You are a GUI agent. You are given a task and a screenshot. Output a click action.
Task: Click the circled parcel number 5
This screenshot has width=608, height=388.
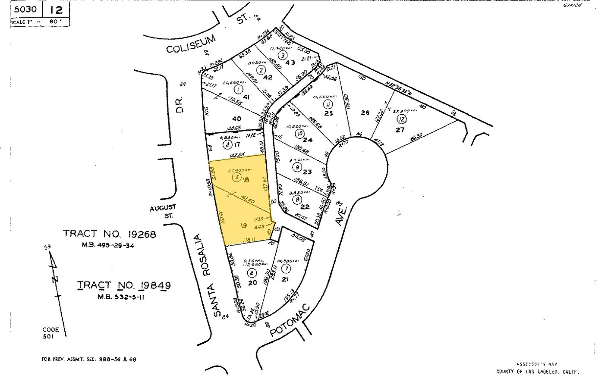coord(236,177)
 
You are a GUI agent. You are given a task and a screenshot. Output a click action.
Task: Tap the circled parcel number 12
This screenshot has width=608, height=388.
coord(403,119)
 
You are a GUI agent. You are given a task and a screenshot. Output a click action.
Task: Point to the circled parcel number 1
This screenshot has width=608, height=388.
coord(237,89)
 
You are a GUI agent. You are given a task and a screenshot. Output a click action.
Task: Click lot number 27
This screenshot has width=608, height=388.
coord(400,130)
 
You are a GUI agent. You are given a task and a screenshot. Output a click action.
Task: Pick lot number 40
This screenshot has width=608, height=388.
coord(236,119)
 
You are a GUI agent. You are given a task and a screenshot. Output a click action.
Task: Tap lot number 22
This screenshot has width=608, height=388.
coord(305,207)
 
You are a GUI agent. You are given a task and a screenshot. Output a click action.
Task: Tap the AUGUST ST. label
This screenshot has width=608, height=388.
coord(161,211)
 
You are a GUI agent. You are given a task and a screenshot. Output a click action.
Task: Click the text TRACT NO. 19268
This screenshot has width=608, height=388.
coord(110,234)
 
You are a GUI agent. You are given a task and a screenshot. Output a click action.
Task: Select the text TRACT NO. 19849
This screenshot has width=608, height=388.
coord(123,285)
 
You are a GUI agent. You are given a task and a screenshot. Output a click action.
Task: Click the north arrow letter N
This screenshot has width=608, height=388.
coord(55,279)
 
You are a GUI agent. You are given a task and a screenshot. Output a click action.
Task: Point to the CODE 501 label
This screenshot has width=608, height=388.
coord(50,333)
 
